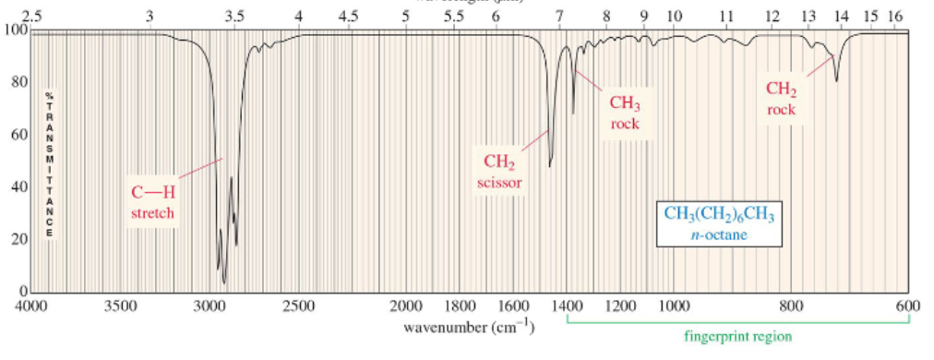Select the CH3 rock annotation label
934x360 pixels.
(x=625, y=113)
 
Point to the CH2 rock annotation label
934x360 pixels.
(x=781, y=99)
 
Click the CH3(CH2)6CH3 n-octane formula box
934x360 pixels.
(x=720, y=224)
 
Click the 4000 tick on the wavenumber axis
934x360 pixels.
(x=32, y=306)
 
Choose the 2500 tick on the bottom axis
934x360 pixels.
(x=299, y=306)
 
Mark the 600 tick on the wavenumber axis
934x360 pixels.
(x=908, y=306)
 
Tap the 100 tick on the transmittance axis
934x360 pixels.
(x=16, y=30)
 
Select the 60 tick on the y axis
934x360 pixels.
(x=18, y=135)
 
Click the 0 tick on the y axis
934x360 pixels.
(x=22, y=292)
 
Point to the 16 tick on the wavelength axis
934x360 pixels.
(x=895, y=17)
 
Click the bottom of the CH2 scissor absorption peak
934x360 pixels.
(x=550, y=167)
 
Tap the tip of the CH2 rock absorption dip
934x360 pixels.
(x=836, y=81)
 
